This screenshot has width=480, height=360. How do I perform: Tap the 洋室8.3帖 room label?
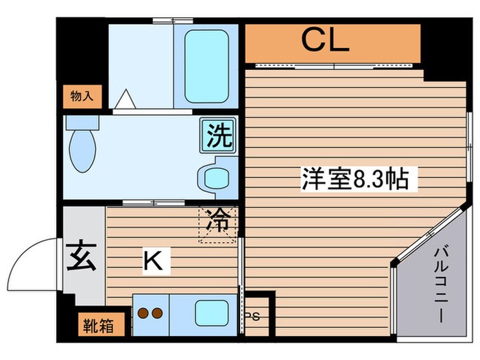coord(355,180)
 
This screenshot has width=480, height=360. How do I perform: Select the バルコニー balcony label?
coord(440,287)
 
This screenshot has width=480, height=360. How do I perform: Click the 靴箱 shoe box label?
coord(100,324)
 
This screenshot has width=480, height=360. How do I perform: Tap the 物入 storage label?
coord(82,95)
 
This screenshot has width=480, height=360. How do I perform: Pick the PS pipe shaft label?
coord(252,316)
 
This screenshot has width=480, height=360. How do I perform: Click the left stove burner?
coord(145,314)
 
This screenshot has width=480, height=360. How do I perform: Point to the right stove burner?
coord(158,314)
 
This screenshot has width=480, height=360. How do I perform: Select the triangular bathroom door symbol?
coord(125,99)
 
